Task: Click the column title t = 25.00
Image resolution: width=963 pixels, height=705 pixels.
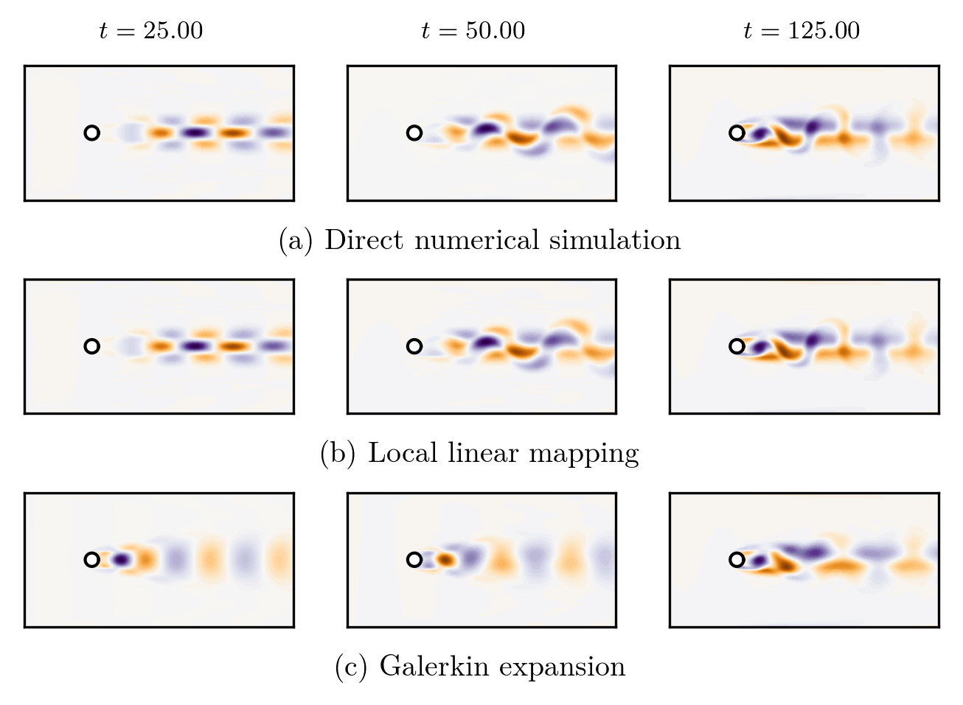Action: (x=151, y=31)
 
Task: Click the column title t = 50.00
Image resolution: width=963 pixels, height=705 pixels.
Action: (x=473, y=31)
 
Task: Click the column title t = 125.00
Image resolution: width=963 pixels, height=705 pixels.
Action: (x=802, y=31)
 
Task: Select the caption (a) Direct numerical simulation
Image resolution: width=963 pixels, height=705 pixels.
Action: (x=479, y=240)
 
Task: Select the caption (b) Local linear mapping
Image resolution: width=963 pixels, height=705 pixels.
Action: (x=479, y=453)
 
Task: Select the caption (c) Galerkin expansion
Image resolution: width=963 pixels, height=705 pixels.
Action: (x=479, y=666)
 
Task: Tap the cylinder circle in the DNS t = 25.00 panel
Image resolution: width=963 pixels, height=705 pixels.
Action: (x=91, y=133)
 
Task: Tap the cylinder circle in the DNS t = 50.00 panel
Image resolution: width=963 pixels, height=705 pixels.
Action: (x=414, y=133)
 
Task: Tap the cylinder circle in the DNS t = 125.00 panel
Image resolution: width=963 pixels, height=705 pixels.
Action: (x=736, y=133)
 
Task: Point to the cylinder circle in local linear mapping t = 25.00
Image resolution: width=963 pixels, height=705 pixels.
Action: (x=91, y=346)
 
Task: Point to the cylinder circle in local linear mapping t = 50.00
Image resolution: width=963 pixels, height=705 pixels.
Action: (x=414, y=346)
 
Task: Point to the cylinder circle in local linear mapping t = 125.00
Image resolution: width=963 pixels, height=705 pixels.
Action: (x=736, y=346)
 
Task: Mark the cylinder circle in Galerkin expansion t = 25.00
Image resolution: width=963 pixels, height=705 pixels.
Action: (x=91, y=560)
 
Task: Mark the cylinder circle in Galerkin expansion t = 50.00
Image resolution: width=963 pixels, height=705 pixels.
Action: (x=414, y=560)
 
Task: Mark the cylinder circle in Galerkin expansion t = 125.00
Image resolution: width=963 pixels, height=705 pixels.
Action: (x=736, y=560)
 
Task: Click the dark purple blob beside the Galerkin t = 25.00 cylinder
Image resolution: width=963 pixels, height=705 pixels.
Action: (x=121, y=560)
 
